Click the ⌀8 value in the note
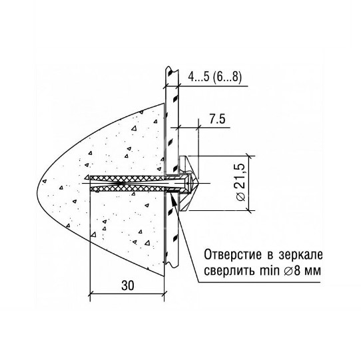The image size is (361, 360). coord(294,272)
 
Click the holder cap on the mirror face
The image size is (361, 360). coord(189,180)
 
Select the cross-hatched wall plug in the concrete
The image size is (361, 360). coord(127,182)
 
